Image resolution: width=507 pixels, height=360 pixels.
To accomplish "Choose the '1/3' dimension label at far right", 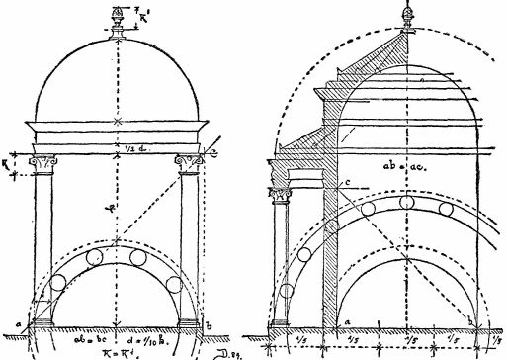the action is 493,341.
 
